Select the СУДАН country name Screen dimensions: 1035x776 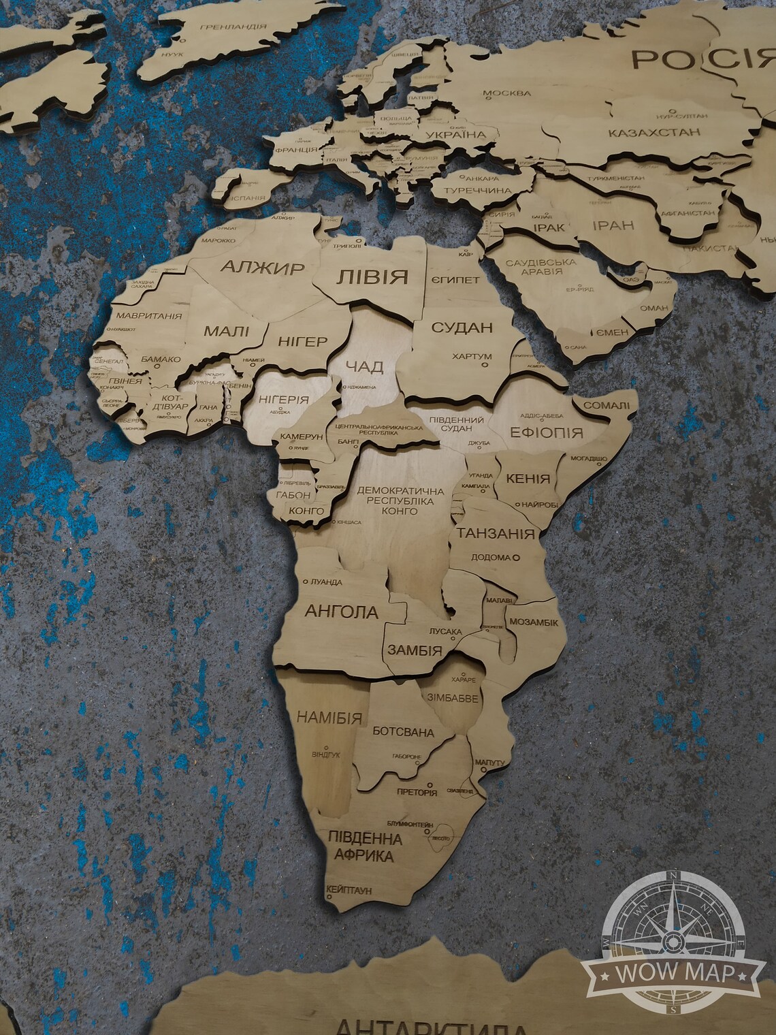tap(462, 328)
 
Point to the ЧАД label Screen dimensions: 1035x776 tap(365, 367)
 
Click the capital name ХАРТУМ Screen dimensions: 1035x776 tap(472, 356)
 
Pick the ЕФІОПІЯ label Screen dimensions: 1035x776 tap(547, 432)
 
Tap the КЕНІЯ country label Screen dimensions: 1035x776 tap(528, 479)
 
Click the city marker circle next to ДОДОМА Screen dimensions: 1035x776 tap(515, 557)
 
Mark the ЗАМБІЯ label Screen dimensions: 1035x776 tap(415, 650)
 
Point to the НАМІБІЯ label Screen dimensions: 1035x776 tap(329, 717)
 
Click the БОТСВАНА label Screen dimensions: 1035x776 tap(403, 733)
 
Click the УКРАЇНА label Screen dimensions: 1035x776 tap(456, 135)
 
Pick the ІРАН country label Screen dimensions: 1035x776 tap(613, 225)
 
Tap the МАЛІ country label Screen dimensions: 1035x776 tap(226, 332)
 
